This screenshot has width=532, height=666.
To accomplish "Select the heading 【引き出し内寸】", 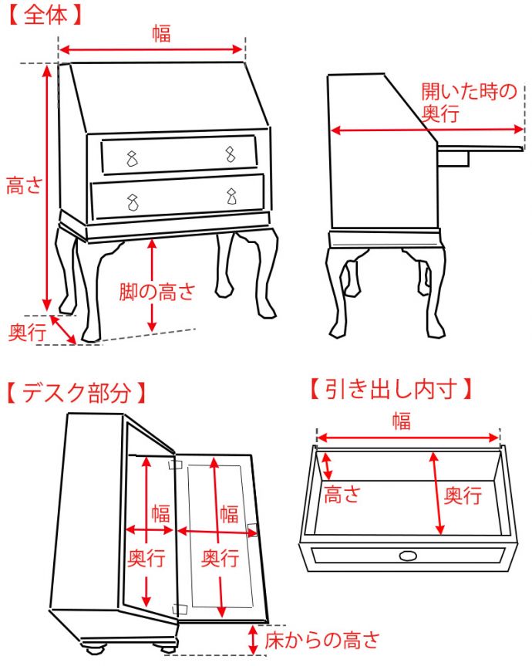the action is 391,389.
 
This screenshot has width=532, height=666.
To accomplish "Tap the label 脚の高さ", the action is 157,292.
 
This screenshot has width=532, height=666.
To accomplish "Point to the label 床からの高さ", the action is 322,640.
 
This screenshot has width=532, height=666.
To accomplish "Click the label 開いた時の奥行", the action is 469,103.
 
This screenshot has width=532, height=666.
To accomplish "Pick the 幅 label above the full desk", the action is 162,33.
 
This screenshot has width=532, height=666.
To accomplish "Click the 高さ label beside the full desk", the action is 25,186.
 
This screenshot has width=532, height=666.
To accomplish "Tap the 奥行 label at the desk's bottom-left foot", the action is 27,332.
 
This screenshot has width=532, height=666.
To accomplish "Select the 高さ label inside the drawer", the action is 342,495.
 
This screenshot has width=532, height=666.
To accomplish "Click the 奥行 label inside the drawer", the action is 463,495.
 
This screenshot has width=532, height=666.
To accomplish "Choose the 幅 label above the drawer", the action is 401,421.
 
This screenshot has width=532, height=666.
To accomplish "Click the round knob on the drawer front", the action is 408,556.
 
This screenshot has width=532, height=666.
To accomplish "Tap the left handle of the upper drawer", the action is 133,158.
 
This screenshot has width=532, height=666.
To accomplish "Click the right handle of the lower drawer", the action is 231,196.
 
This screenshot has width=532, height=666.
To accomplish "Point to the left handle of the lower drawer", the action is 133,202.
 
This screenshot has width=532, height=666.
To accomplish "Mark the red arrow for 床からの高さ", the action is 253,640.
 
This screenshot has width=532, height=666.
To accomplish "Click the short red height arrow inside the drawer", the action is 327,466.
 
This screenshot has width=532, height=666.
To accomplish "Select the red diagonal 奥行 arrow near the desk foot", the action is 63,330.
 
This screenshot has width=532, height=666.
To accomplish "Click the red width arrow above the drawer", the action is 408,438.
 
